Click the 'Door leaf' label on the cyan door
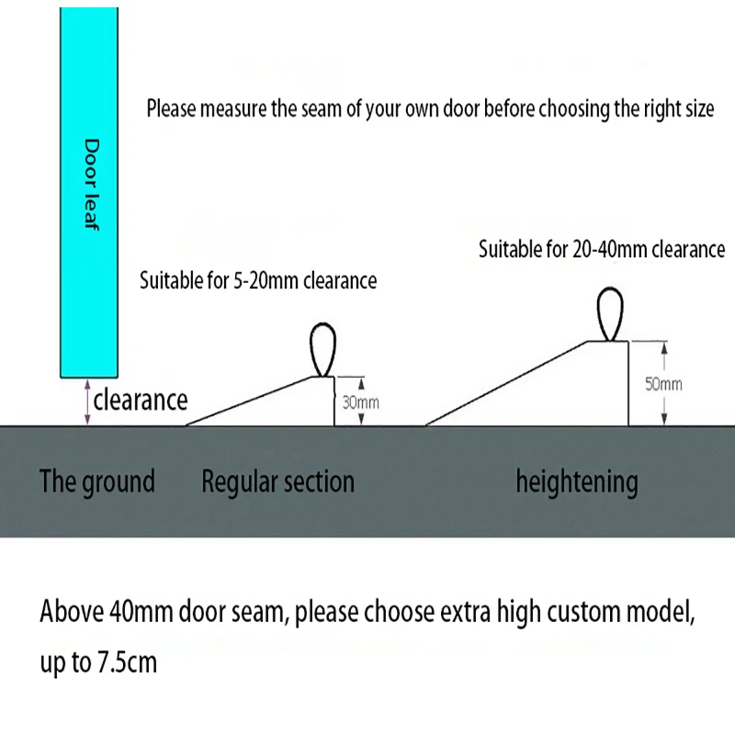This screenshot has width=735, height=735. (91, 185)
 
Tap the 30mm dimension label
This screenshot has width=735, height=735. (360, 402)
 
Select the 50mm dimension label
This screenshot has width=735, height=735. (663, 384)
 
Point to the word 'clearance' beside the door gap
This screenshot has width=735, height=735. (141, 400)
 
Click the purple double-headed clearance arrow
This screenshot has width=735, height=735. (87, 402)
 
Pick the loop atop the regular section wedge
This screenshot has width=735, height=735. (323, 350)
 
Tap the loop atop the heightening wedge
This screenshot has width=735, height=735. (610, 314)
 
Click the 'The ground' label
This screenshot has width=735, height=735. (97, 481)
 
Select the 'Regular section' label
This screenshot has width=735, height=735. (278, 481)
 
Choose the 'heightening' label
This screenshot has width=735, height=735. (577, 481)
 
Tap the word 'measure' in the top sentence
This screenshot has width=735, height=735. (234, 108)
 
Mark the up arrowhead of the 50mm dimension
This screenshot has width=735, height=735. (664, 348)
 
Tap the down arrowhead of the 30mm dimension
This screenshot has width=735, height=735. (361, 419)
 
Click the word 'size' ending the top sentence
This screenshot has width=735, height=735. (700, 108)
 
